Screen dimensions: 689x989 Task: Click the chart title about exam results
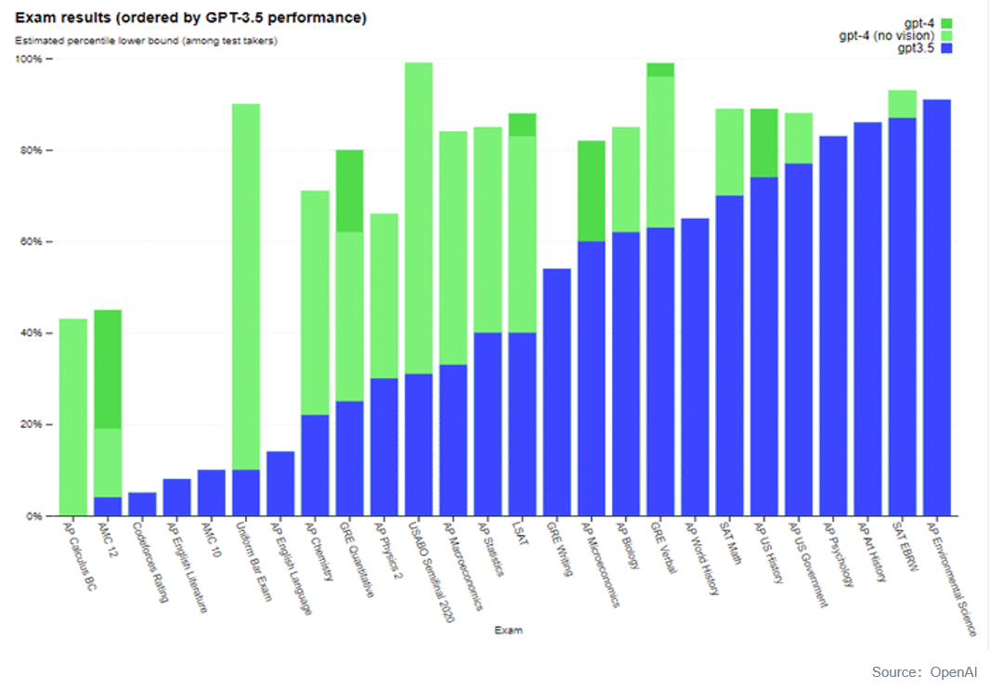pyautogui.click(x=190, y=19)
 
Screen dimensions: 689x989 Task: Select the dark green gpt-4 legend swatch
pyautogui.click(x=946, y=22)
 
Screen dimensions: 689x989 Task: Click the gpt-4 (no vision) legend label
pyautogui.click(x=888, y=35)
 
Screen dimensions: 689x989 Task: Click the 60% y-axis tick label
pyautogui.click(x=32, y=241)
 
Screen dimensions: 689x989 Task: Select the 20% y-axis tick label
pyautogui.click(x=32, y=424)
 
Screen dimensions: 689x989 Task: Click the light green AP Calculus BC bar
pyautogui.click(x=72, y=417)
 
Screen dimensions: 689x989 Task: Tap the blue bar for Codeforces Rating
pyautogui.click(x=142, y=504)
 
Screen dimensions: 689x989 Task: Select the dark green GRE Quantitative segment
pyautogui.click(x=349, y=190)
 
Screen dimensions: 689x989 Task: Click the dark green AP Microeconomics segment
pyautogui.click(x=591, y=190)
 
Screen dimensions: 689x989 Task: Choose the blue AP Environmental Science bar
pyautogui.click(x=936, y=307)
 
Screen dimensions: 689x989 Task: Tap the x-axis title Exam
pyautogui.click(x=508, y=630)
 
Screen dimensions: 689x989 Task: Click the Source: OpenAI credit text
pyautogui.click(x=925, y=671)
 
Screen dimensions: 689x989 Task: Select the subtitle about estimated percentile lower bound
pyautogui.click(x=147, y=41)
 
